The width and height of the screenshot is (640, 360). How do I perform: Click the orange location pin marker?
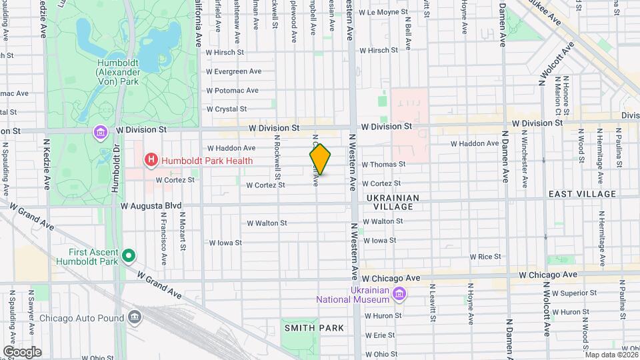coord(320,159)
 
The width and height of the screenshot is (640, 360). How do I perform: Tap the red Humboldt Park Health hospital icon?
coord(151,160)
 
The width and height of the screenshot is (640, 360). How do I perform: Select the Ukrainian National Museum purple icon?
coord(399,293)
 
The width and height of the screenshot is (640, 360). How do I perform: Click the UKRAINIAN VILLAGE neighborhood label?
coord(393,203)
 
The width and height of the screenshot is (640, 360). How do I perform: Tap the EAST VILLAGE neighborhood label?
coord(582,194)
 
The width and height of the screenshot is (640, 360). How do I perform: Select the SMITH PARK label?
coord(314,328)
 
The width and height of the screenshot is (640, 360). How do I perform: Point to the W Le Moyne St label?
coord(383,12)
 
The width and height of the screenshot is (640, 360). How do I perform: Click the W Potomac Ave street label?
coord(232,91)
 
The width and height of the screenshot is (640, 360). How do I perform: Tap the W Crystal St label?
coord(227,109)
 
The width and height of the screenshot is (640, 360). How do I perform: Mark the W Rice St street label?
coord(485,257)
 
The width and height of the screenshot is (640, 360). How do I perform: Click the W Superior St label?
coord(560,293)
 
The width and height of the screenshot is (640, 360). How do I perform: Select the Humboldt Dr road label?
coord(115,170)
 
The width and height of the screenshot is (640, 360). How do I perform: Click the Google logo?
coord(22,352)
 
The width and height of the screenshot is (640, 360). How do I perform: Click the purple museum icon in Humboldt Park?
coord(100,131)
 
